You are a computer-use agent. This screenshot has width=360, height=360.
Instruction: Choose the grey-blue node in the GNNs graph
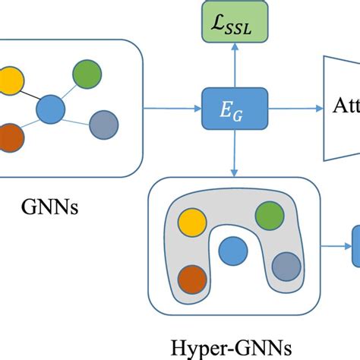point(103,125)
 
